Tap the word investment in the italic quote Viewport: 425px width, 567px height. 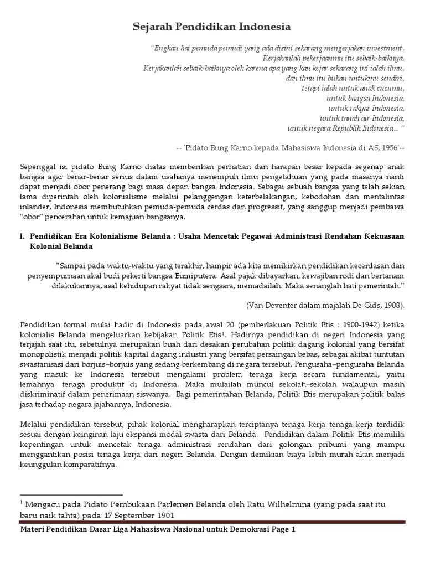click(383, 48)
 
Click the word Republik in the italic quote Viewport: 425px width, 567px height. click(342, 128)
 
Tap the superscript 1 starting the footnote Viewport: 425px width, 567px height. click(22, 502)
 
